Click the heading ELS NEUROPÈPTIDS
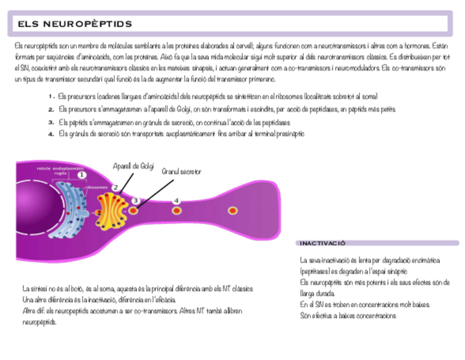pyautogui.click(x=75, y=24)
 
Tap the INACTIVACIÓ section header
pyautogui.click(x=322, y=243)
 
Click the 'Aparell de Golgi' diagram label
pyautogui.click(x=133, y=166)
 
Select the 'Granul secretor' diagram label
pyautogui.click(x=182, y=172)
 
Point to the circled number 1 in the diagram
pyautogui.click(x=82, y=175)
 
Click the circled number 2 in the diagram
pyautogui.click(x=116, y=187)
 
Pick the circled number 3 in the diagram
pyautogui.click(x=135, y=201)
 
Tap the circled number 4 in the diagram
pyautogui.click(x=177, y=201)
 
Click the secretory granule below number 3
pyautogui.click(x=133, y=210)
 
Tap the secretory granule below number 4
pyautogui.click(x=177, y=210)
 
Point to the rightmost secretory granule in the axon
pyautogui.click(x=232, y=210)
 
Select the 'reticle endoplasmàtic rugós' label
pyautogui.click(x=60, y=170)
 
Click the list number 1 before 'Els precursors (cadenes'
pyautogui.click(x=50, y=96)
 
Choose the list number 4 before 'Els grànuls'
pyautogui.click(x=50, y=134)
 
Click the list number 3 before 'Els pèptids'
pyautogui.click(x=50, y=122)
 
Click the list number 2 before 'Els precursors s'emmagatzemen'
pyautogui.click(x=50, y=109)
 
